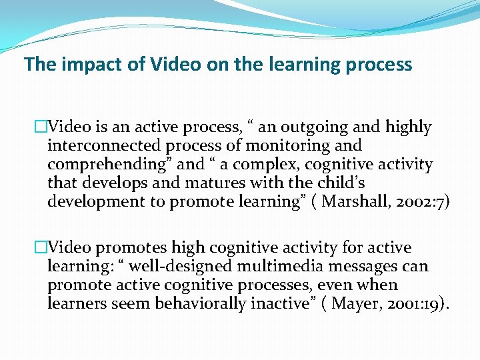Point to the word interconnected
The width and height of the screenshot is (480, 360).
[x=103, y=145]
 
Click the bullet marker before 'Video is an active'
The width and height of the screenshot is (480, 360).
[x=41, y=127]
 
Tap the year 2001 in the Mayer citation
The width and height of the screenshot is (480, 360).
[x=406, y=304]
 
